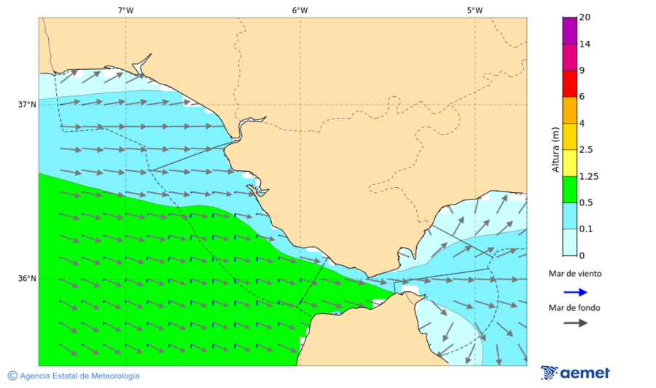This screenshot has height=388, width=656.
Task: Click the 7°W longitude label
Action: click(x=125, y=10)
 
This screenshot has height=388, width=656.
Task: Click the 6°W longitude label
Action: click(x=300, y=10)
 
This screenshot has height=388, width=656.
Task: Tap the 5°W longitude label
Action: click(x=475, y=10)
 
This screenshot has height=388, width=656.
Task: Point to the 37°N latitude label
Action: click(x=27, y=104)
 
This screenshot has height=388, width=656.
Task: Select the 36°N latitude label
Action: click(x=27, y=278)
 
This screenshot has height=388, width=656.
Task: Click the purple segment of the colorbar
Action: click(x=569, y=30)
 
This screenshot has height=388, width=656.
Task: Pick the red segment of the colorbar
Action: click(x=569, y=83)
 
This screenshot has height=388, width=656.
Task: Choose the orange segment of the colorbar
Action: click(x=569, y=110)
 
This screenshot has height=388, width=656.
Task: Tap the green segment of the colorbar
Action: click(x=569, y=189)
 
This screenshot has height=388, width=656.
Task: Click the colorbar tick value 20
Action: click(x=585, y=17)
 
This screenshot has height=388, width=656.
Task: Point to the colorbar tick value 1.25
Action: click(x=588, y=176)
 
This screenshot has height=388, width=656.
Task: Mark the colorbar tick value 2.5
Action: click(x=585, y=150)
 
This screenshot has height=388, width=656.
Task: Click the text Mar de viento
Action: click(x=575, y=274)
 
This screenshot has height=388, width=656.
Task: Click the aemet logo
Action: click(x=575, y=373)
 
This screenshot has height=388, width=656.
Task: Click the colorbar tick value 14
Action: click(x=585, y=44)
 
